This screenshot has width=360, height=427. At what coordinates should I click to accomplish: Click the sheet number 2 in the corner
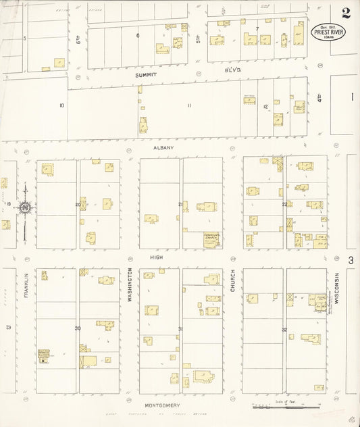(346, 13)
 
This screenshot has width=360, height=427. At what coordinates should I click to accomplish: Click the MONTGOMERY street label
(161, 405)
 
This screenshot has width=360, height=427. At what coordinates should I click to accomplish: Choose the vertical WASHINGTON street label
(130, 284)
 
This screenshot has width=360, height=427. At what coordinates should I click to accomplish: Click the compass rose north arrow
(25, 207)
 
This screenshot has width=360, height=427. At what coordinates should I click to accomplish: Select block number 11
(189, 105)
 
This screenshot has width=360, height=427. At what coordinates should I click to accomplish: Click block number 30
(78, 328)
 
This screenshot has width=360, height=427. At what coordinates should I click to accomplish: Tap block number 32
(284, 330)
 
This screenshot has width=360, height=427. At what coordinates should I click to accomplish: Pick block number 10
(61, 105)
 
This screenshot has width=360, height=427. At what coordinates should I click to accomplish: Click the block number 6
(138, 35)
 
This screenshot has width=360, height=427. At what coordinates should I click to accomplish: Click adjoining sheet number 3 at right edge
(351, 259)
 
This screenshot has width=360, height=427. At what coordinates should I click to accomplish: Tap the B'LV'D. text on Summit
(233, 70)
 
